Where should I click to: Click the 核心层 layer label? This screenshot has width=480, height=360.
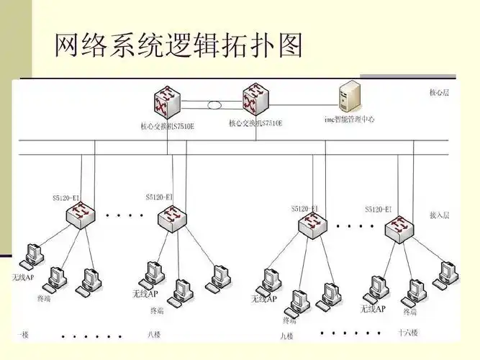click(439, 93)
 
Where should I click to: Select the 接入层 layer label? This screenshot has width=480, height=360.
click(439, 215)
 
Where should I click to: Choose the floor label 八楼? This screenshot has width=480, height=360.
click(154, 334)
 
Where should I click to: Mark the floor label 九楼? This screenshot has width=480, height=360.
click(287, 336)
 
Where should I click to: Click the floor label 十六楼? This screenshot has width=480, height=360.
click(407, 333)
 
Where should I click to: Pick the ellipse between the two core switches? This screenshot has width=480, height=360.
click(214, 105)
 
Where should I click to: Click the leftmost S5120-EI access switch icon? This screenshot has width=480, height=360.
click(81, 213)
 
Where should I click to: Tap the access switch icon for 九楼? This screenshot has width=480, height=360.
click(314, 224)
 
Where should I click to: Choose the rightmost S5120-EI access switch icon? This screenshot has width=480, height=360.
click(398, 229)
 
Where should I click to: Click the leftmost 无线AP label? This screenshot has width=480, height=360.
click(23, 277)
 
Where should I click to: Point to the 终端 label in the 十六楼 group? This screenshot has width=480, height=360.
click(409, 312)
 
